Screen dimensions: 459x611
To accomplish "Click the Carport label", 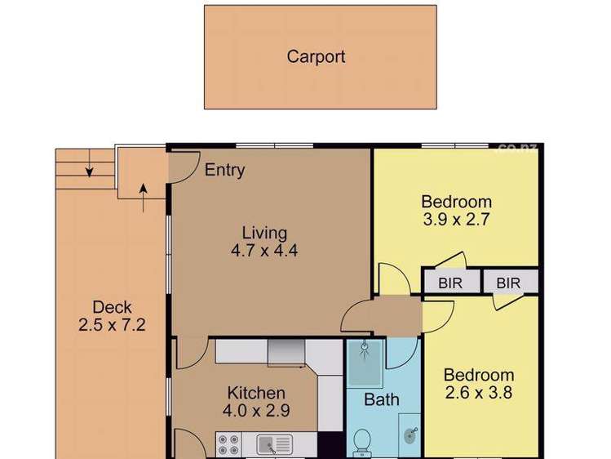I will pos(316,57).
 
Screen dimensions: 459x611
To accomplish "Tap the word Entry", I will pos(224,171).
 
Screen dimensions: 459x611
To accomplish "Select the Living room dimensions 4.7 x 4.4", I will pos(264,251).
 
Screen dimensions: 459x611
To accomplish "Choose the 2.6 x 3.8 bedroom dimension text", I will pos(479,394).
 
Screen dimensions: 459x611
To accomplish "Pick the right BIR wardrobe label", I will pos(508,283).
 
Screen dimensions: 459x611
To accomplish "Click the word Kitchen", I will pos(256,393).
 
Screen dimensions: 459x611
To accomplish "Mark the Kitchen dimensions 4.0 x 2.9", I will pos(256,411).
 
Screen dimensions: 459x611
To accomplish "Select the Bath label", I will pos(382,399).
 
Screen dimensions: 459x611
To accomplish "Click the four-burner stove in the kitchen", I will pos(228,443).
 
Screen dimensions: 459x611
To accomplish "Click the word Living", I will pos(264,233).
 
